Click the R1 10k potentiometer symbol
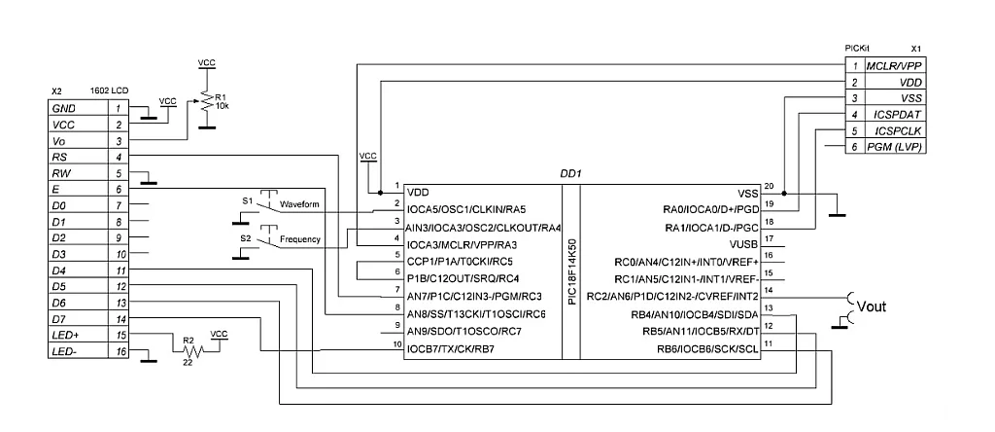pyautogui.click(x=205, y=102)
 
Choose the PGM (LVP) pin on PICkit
pyautogui.click(x=897, y=147)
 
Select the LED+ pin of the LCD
pyautogui.click(x=68, y=335)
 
